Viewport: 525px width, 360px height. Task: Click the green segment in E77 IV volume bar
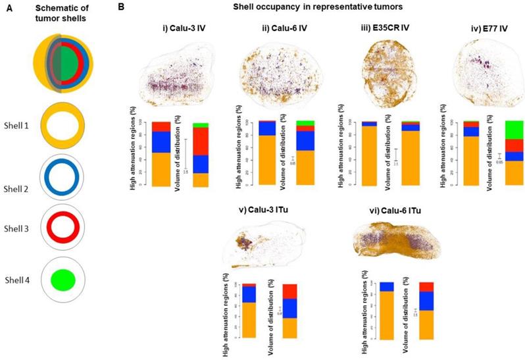point(513,130)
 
